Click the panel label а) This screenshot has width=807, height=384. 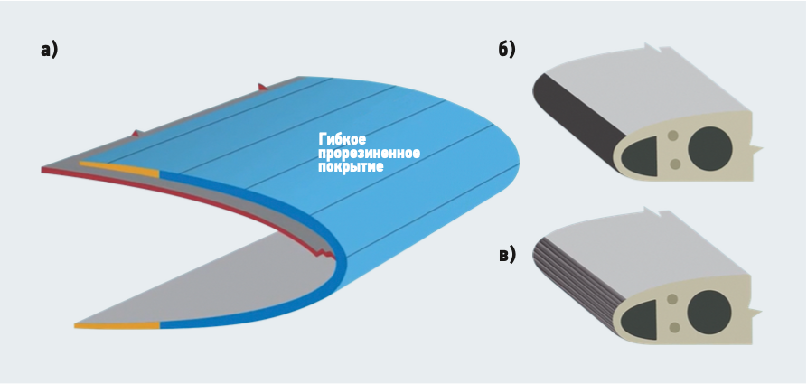click(x=49, y=50)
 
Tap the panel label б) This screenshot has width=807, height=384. click(x=507, y=50)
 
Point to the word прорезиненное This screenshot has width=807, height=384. click(x=370, y=154)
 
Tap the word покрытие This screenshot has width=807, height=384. click(x=351, y=167)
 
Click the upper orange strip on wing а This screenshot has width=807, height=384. click(x=118, y=167)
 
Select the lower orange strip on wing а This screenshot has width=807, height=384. click(x=117, y=324)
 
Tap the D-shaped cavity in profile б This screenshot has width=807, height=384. click(x=644, y=154)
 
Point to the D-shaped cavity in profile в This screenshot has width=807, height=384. click(x=644, y=318)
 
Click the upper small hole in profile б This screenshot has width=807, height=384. click(x=673, y=136)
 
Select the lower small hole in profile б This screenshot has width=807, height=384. click(x=675, y=164)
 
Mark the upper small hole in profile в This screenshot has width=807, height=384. click(x=673, y=299)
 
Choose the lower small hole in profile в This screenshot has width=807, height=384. click(x=675, y=328)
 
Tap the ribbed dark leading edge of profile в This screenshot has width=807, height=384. click(x=569, y=271)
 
